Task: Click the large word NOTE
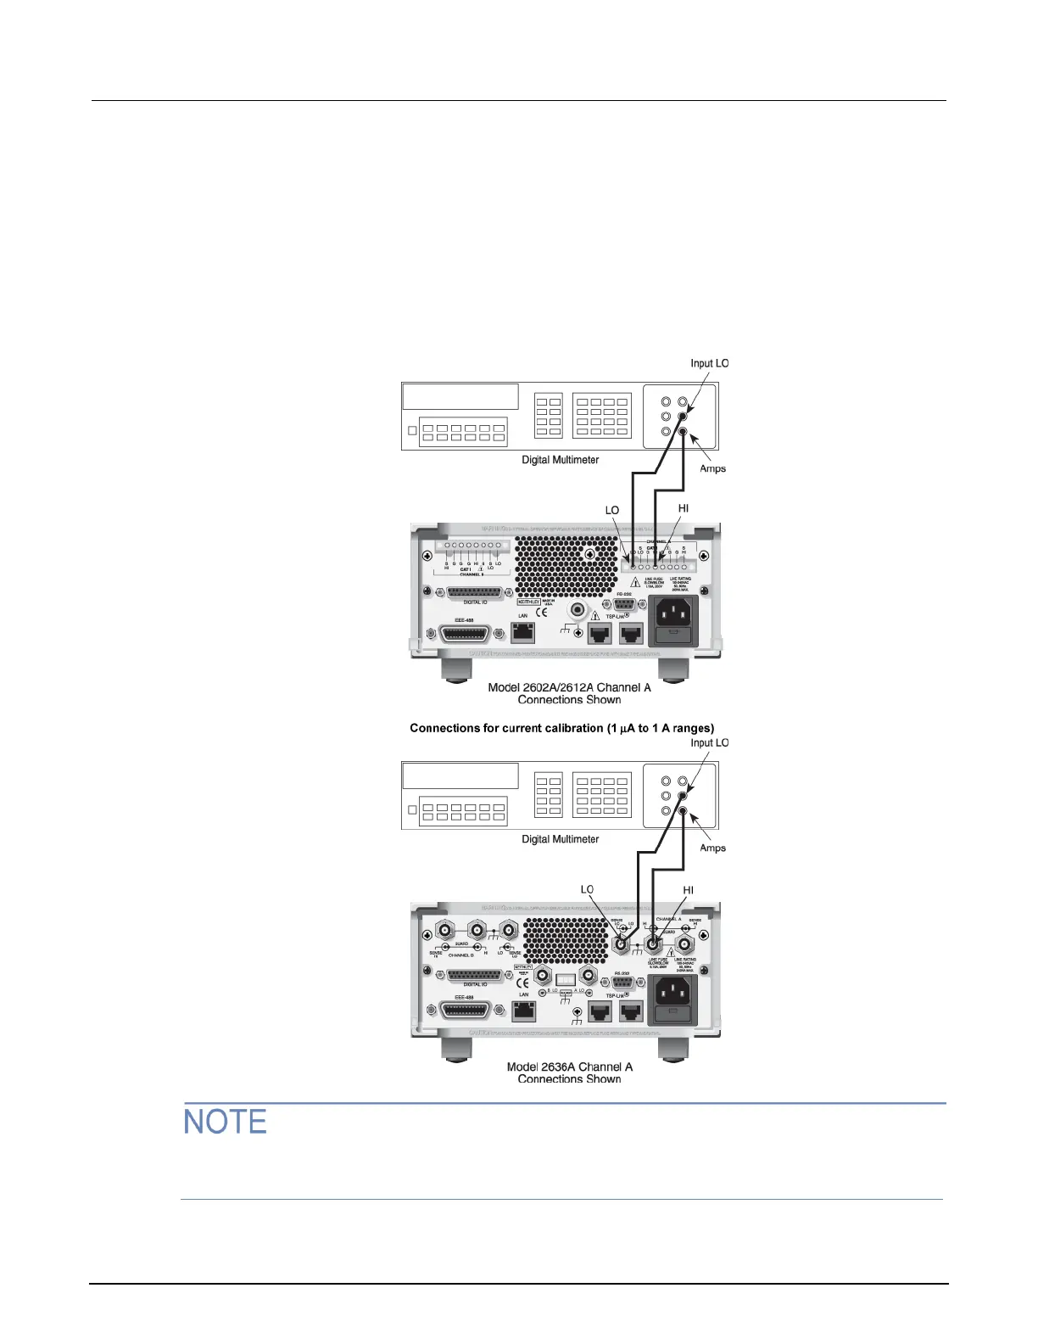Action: click(x=226, y=1122)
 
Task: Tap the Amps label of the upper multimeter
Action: click(x=712, y=468)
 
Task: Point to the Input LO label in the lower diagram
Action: click(x=709, y=742)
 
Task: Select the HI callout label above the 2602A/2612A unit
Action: click(x=684, y=508)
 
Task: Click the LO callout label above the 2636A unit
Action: click(x=587, y=889)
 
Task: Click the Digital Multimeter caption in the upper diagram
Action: click(x=560, y=460)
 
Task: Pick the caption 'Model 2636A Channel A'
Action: click(x=569, y=1067)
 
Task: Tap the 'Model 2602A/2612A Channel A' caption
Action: click(x=569, y=687)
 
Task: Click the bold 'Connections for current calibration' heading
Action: click(x=561, y=728)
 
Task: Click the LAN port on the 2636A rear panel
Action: click(x=523, y=1011)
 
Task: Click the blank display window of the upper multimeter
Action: click(x=460, y=396)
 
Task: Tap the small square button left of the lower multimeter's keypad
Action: click(x=413, y=810)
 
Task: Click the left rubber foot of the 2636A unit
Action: click(x=455, y=1049)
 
